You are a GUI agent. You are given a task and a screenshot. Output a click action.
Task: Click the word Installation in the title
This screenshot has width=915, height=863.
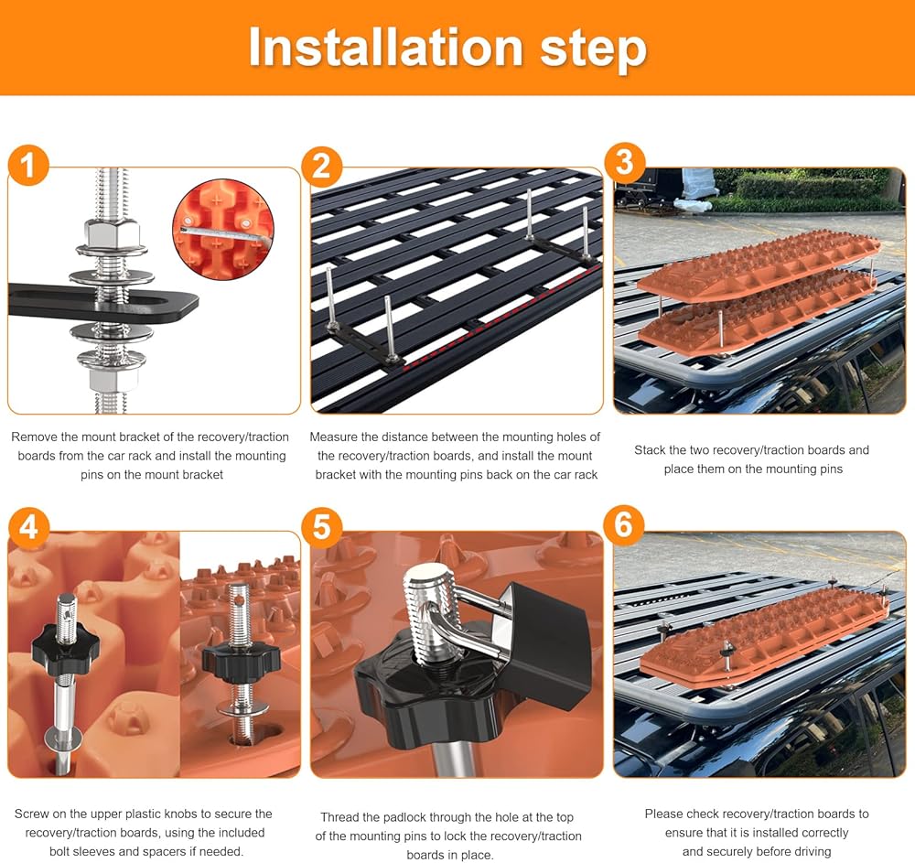pyautogui.click(x=385, y=48)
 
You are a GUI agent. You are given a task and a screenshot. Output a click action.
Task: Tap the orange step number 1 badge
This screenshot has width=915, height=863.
pyautogui.click(x=28, y=165)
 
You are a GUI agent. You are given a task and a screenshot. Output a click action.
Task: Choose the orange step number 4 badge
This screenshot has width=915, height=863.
pyautogui.click(x=28, y=527)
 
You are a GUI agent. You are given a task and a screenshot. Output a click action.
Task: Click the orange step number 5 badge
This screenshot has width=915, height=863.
pyautogui.click(x=321, y=527)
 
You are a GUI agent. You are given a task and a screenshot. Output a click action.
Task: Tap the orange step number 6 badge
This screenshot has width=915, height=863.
pyautogui.click(x=623, y=524)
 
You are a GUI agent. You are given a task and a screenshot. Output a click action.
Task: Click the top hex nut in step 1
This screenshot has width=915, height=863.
pyautogui.click(x=111, y=234)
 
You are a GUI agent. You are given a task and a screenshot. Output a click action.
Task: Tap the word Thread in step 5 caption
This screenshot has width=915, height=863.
pyautogui.click(x=339, y=817)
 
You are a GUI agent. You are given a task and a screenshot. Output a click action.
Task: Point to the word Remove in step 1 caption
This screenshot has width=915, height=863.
pyautogui.click(x=33, y=437)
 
